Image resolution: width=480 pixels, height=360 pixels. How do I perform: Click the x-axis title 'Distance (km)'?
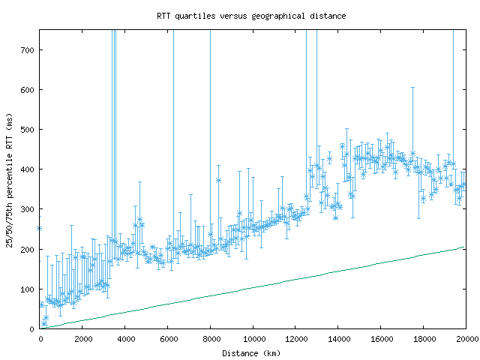[251, 353]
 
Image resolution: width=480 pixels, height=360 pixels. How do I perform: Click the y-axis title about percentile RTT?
[9, 179]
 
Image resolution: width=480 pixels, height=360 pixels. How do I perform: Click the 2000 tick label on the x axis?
[82, 338]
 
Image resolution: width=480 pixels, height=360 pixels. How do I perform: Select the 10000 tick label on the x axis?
[253, 338]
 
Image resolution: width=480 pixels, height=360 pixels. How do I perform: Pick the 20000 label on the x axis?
[466, 338]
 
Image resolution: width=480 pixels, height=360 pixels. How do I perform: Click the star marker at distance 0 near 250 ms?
[40, 228]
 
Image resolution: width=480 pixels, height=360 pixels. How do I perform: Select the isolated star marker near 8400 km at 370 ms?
[218, 180]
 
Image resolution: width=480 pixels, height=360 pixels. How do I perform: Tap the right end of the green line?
[464, 247]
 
